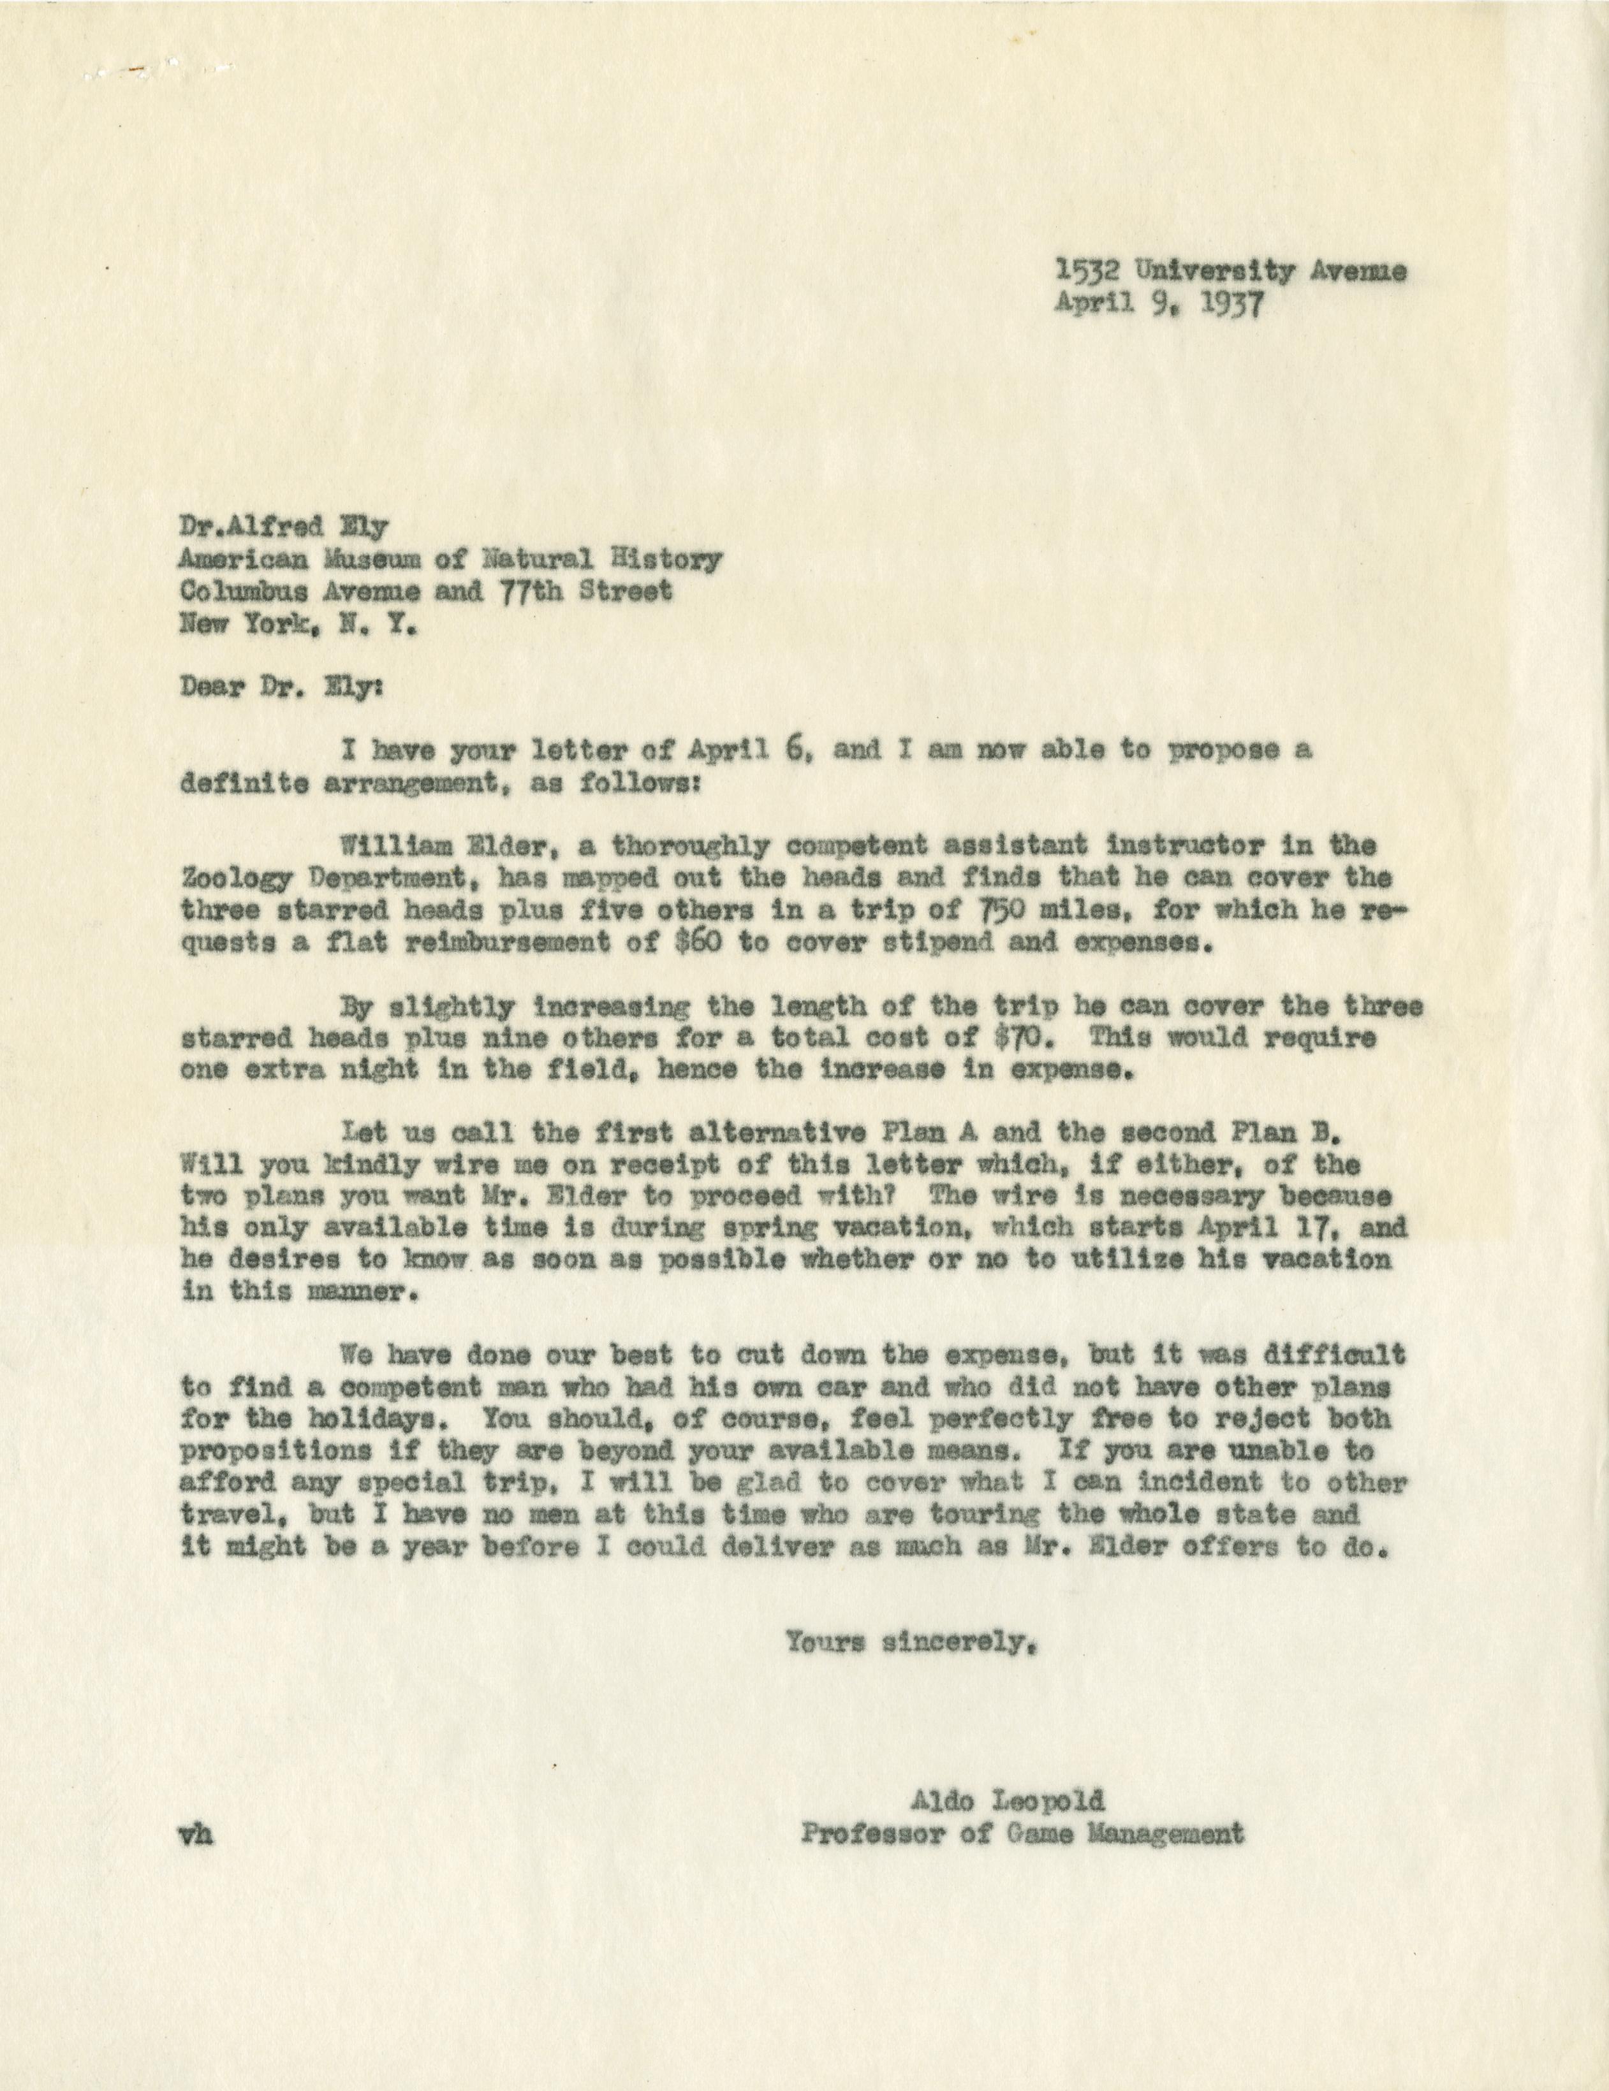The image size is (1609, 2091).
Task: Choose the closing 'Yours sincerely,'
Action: point(911,1643)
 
